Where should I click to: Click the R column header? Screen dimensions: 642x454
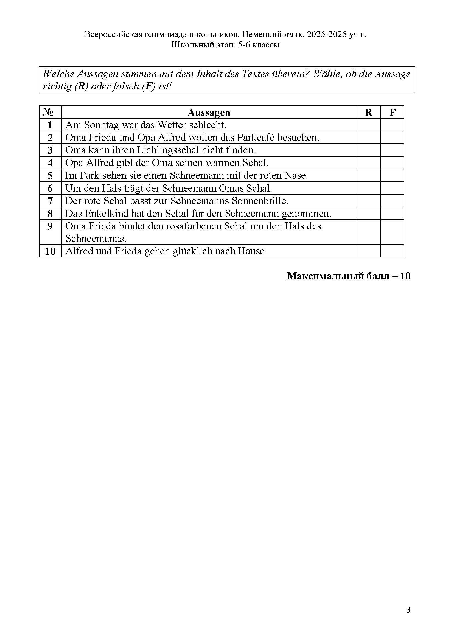tap(368, 113)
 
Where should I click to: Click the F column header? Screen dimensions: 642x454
tap(392, 113)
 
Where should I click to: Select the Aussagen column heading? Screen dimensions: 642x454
tap(209, 113)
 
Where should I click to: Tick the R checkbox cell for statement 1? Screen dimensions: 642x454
tap(368, 125)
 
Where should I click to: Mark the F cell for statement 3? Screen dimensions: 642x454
tap(392, 150)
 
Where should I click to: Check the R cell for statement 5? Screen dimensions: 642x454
tap(368, 175)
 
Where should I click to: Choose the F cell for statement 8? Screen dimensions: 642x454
tap(392, 213)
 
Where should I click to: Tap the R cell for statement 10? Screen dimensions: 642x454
tap(368, 251)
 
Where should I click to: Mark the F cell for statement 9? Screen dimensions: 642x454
tap(392, 232)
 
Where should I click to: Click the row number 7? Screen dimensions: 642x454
tap(50, 201)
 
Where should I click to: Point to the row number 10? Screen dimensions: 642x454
tap(50, 251)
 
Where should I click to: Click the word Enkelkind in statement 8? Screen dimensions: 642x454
tap(106, 213)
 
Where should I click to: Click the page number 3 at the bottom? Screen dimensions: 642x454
tap(408, 610)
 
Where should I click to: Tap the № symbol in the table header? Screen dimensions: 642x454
tap(49, 113)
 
